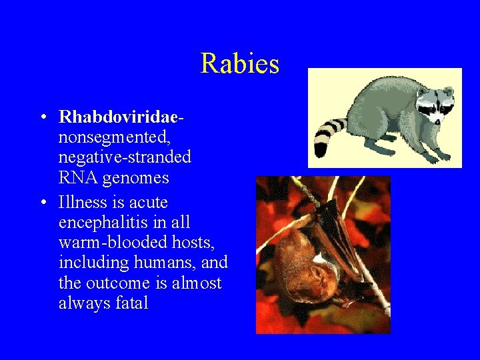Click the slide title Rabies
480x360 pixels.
coord(239,64)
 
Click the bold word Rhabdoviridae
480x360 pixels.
coord(119,117)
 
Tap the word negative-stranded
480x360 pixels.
coord(125,158)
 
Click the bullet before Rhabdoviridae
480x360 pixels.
coord(42,118)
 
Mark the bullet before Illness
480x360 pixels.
coord(42,203)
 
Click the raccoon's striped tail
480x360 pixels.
coord(327,136)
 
